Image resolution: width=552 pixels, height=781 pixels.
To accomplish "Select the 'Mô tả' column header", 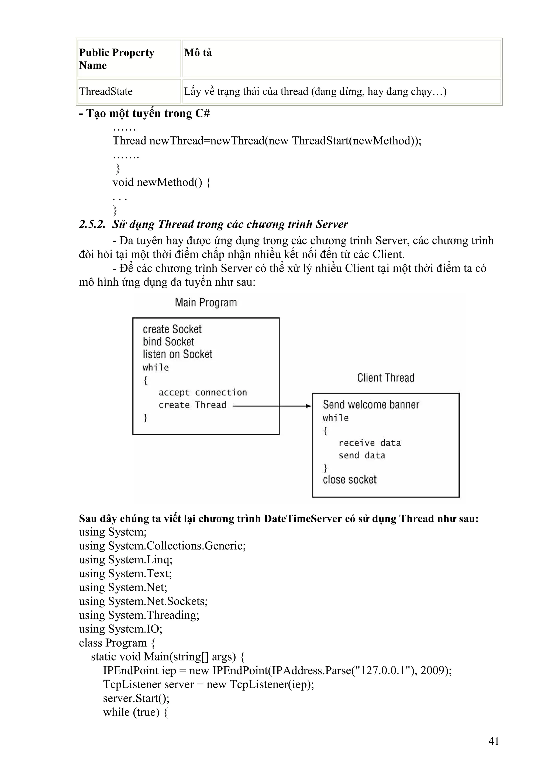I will [x=198, y=53].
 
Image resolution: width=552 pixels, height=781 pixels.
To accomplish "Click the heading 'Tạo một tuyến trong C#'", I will [x=144, y=113].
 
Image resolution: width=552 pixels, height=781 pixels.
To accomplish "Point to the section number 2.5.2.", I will [x=92, y=224].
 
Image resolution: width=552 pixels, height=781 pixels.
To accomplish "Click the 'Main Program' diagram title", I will [x=206, y=302].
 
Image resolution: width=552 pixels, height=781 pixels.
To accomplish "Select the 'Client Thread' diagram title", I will [x=386, y=378].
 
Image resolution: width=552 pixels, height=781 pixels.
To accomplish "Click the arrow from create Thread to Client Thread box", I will [x=272, y=406].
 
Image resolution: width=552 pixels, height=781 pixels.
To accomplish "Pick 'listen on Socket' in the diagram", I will [x=178, y=354].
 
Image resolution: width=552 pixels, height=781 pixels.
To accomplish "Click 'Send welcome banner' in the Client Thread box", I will [x=371, y=405].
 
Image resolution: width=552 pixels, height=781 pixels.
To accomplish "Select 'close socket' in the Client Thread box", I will [x=350, y=480].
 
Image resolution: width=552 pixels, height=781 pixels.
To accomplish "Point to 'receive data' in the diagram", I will [x=370, y=443].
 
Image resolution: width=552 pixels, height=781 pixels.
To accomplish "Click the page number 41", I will [x=494, y=741].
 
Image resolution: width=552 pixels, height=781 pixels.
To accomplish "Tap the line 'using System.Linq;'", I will [x=126, y=559].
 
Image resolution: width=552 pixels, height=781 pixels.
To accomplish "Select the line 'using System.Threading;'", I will [x=139, y=615].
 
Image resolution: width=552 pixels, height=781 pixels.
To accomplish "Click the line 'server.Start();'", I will [x=136, y=698].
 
